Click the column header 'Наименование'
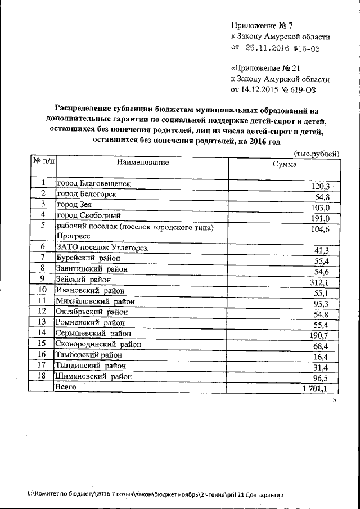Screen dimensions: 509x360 click(142, 163)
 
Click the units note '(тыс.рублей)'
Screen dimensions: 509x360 click(317, 153)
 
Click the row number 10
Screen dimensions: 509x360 click(42, 290)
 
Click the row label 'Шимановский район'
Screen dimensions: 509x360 click(94, 376)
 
